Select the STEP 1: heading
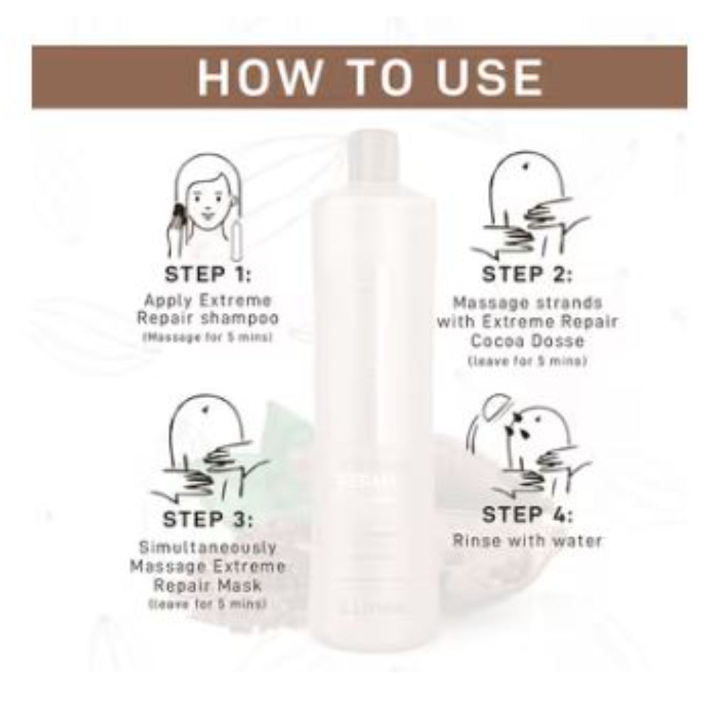pos(208,274)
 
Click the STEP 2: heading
pos(527,274)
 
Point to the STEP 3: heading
pos(208,519)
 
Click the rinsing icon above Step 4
pos(530,448)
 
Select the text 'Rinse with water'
pos(528,540)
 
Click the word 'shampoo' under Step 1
pos(244,317)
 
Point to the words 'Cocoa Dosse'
pos(527,341)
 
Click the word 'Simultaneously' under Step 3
pos(208,548)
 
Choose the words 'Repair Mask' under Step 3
pos(208,585)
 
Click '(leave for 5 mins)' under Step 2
pos(527,361)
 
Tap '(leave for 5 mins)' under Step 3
pos(208,604)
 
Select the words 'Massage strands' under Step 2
pos(527,303)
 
